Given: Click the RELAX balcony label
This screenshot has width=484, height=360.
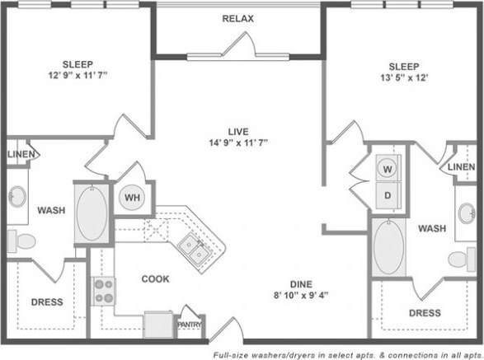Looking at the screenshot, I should tap(237, 18).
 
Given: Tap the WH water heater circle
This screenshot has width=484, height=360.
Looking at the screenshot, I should tap(131, 198).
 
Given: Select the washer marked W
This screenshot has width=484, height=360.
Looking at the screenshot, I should tap(386, 169).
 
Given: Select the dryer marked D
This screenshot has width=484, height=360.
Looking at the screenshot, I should tap(386, 197).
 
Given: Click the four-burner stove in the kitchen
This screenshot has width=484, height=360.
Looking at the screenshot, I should tap(105, 290).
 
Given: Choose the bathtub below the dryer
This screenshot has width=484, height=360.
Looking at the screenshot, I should tap(386, 246).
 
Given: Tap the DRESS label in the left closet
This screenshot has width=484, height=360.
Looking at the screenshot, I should tap(47, 302).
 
